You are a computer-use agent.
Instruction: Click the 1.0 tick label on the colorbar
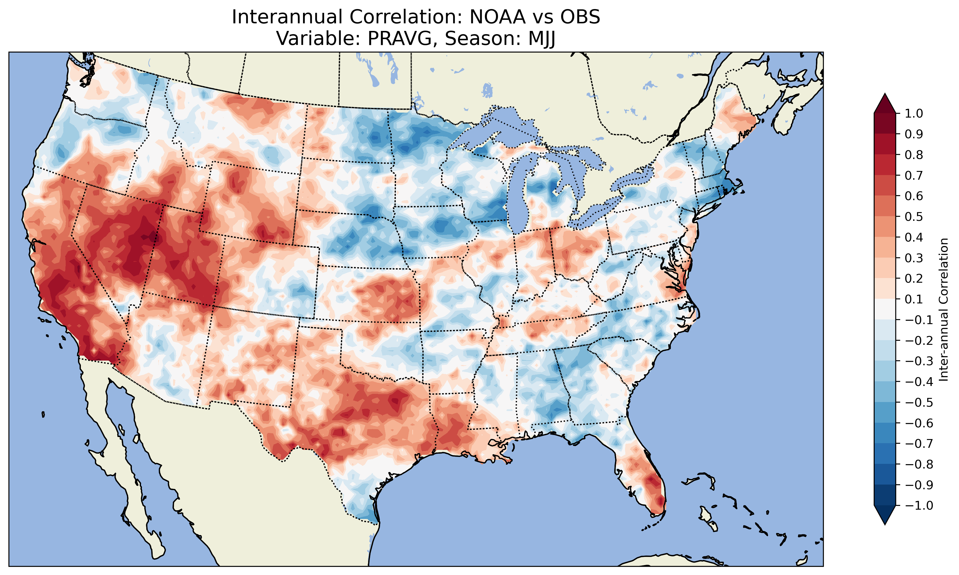tap(914, 113)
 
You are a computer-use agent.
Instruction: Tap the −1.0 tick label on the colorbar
tap(918, 506)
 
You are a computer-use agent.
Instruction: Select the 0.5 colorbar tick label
tap(914, 216)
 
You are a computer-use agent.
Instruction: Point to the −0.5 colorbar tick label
tap(918, 403)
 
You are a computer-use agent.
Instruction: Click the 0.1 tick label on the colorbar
tap(914, 299)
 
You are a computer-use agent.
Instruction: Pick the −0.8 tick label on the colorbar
tap(918, 464)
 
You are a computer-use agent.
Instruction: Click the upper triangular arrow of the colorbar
tap(885, 103)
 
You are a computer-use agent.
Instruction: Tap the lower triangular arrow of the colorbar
tap(885, 515)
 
